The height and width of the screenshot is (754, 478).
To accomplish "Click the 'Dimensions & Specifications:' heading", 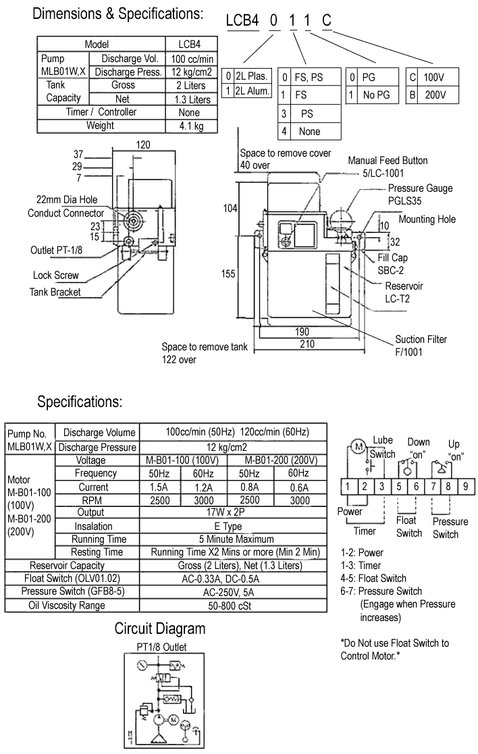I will [117, 14].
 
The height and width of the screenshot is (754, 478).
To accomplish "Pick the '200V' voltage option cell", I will [431, 95].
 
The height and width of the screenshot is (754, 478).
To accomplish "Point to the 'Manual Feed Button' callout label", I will [388, 161].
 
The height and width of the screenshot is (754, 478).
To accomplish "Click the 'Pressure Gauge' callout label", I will [420, 188].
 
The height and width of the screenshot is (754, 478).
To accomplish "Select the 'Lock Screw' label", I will [56, 275].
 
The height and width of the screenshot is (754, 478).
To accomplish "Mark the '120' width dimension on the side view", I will [142, 144].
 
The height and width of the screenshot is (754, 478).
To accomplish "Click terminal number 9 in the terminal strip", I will [464, 485].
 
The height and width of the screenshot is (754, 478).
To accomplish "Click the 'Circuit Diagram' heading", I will [159, 629].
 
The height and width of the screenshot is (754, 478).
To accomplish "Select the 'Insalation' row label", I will [94, 526].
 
